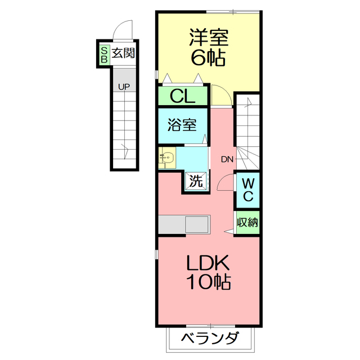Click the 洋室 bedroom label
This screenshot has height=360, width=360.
[209, 38]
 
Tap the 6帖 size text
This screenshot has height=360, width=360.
[208, 58]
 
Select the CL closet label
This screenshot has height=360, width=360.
[182, 96]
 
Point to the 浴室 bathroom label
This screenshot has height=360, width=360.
[182, 125]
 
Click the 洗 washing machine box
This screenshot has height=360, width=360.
[196, 181]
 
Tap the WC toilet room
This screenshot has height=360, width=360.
[248, 190]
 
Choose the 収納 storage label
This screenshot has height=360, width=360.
[247, 222]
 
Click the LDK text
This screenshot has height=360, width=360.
[208, 263]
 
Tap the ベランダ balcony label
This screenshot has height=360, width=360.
[210, 338]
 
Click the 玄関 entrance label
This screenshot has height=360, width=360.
[123, 53]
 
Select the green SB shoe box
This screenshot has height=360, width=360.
[104, 55]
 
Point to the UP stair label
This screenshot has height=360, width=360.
[124, 87]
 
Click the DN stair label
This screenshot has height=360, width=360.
[227, 159]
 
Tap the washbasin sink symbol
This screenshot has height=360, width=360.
[166, 157]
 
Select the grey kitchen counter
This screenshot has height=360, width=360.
[184, 224]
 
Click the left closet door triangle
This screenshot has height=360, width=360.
[167, 78]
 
